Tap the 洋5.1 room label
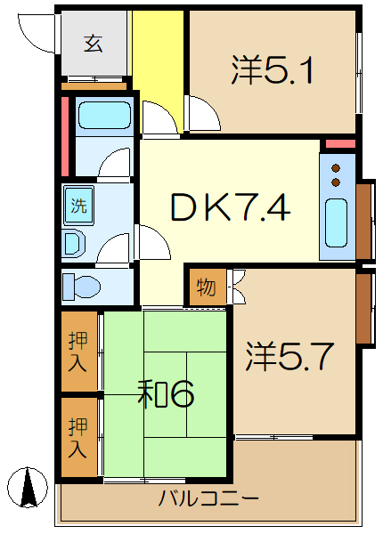tap(272, 71)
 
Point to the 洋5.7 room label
tap(289, 357)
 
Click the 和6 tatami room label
tap(167, 392)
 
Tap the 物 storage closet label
tap(206, 287)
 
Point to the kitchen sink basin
tap(338, 223)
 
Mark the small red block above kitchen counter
tap(338, 143)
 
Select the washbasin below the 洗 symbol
tap(74, 243)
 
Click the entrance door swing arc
tap(31, 36)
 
